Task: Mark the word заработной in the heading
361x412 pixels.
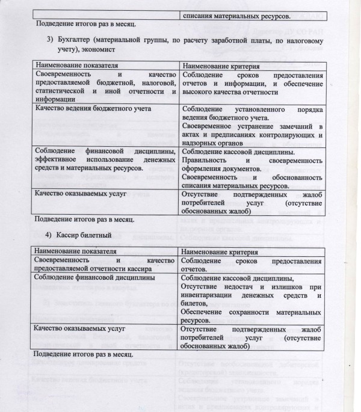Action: click(x=247, y=40)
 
